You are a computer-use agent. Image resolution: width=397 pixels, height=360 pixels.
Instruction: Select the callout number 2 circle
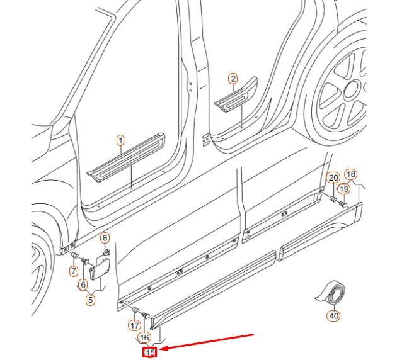pyautogui.click(x=233, y=79)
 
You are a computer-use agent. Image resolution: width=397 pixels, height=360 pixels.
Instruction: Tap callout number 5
pyautogui.click(x=90, y=300)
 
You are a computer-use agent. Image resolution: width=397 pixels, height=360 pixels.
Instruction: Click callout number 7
pyautogui.click(x=74, y=271)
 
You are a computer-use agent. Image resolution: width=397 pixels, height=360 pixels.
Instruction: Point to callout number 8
pyautogui.click(x=105, y=237)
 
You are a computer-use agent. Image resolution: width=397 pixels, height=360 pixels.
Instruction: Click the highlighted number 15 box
pyautogui.click(x=150, y=353)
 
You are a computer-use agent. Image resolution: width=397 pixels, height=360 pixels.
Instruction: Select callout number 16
pyautogui.click(x=144, y=337)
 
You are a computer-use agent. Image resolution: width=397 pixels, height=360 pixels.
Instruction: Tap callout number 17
pyautogui.click(x=134, y=325)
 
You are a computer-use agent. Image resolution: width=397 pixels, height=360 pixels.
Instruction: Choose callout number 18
pyautogui.click(x=351, y=174)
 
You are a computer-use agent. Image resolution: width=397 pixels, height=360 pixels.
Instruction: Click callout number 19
pyautogui.click(x=344, y=189)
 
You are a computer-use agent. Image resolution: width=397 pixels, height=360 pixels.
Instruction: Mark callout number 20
pyautogui.click(x=333, y=179)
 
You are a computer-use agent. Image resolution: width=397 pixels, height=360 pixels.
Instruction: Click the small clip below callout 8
pyautogui.click(x=106, y=252)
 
